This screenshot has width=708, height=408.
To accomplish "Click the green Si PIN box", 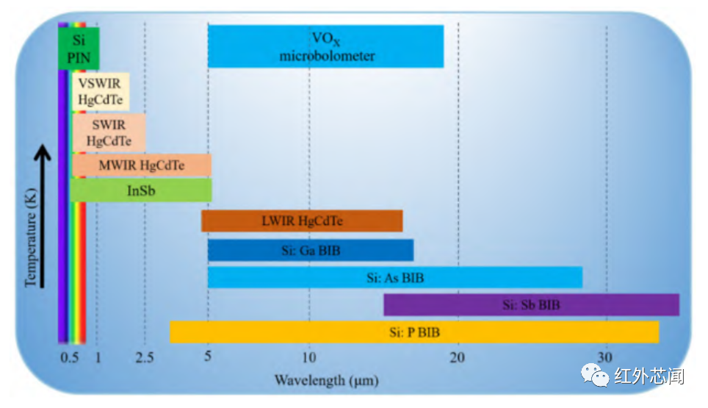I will click(x=79, y=48).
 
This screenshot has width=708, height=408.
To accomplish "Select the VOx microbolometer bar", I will click(x=326, y=46).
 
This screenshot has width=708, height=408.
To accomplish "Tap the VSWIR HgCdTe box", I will click(x=101, y=91).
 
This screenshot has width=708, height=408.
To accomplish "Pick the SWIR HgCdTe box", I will click(x=109, y=132).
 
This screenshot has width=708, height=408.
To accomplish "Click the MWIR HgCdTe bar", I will click(x=142, y=165).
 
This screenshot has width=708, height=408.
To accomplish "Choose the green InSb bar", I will click(x=141, y=190).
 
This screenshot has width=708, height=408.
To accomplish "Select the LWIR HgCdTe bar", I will click(x=302, y=221).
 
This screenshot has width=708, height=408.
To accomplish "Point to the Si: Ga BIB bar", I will click(x=311, y=251).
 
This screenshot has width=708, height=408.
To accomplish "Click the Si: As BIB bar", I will click(x=395, y=278).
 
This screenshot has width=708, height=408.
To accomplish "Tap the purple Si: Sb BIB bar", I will click(x=531, y=304).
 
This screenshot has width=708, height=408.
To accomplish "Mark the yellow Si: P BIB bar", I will click(x=414, y=332).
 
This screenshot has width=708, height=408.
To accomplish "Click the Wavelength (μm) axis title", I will click(x=327, y=380).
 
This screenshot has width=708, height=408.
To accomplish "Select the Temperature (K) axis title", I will click(x=31, y=236).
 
